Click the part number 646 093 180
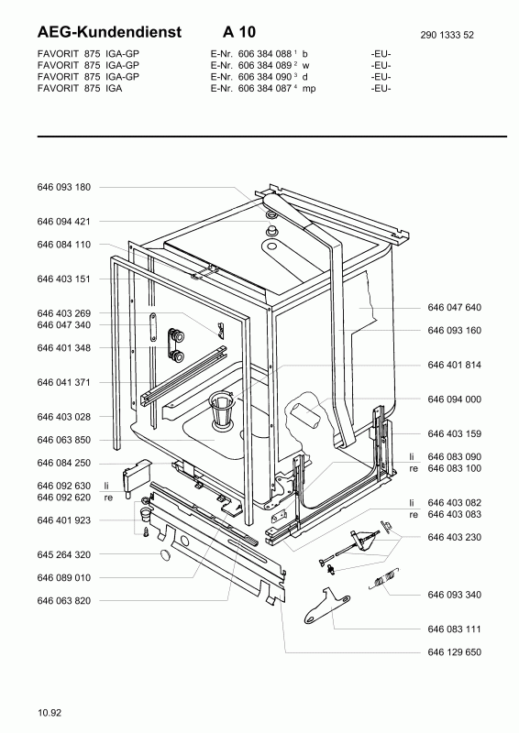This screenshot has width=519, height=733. (x=64, y=187)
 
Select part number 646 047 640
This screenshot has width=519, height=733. (x=454, y=308)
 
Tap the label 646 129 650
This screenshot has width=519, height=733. (x=454, y=652)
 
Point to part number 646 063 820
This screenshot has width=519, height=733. (x=64, y=601)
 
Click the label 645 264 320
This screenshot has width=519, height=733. (x=64, y=554)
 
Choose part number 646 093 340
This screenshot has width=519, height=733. (x=454, y=596)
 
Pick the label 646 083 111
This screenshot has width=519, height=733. (x=454, y=629)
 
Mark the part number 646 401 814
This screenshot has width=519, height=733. (x=454, y=365)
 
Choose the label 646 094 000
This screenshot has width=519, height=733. (x=454, y=399)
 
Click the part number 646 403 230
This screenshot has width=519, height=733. (x=454, y=537)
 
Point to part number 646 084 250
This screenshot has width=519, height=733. (x=64, y=463)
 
